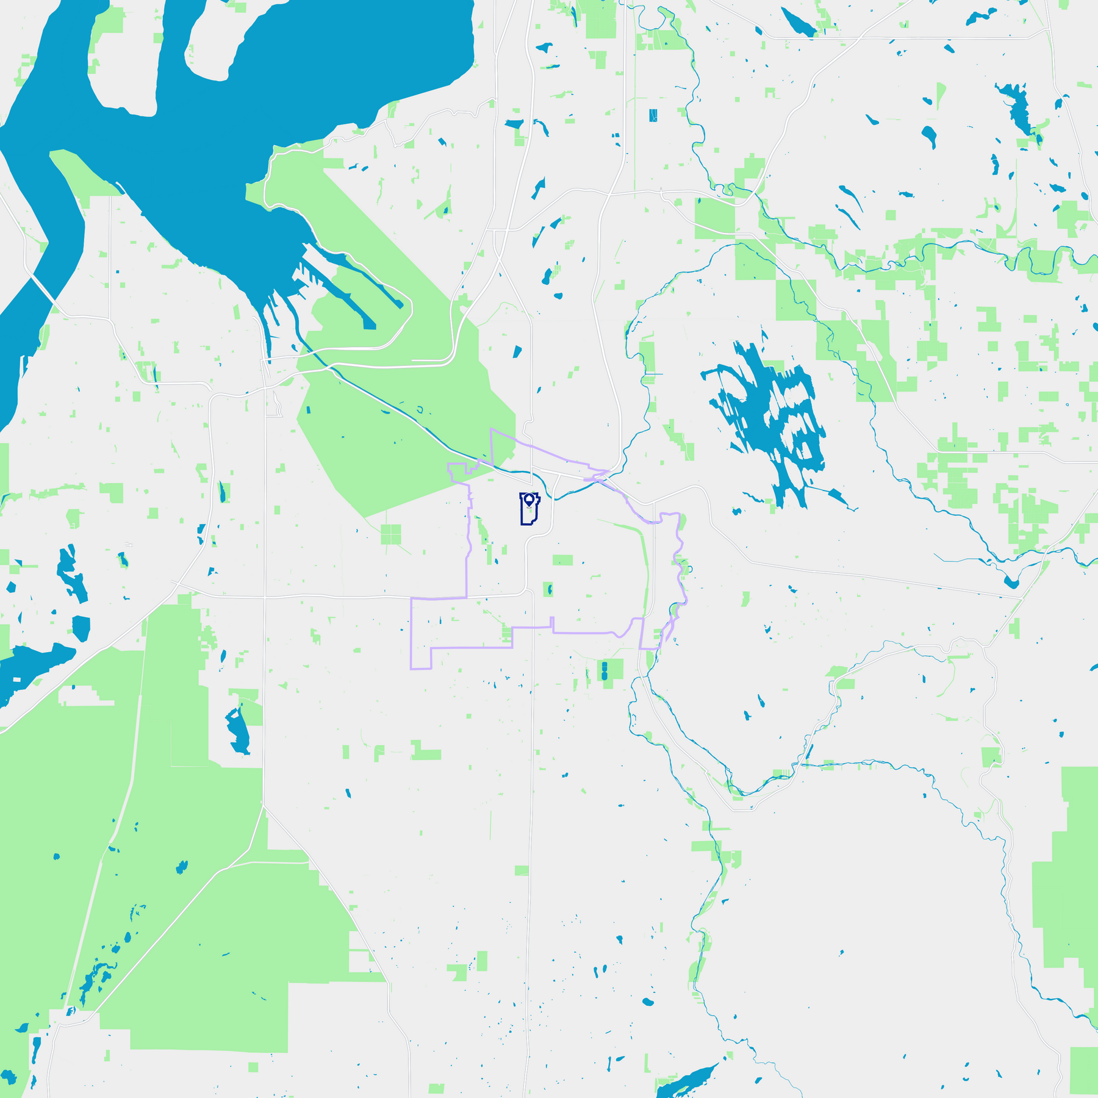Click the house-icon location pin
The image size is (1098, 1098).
coord(529,500)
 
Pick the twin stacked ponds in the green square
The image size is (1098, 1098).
coord(605,672)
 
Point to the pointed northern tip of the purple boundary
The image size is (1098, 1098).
coord(492,429)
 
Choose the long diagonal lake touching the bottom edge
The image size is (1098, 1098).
coord(686,1080)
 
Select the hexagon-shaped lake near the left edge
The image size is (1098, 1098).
coord(81,628)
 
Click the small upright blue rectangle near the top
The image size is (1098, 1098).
coord(653,115)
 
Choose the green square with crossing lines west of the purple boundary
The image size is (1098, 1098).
coord(390,534)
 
